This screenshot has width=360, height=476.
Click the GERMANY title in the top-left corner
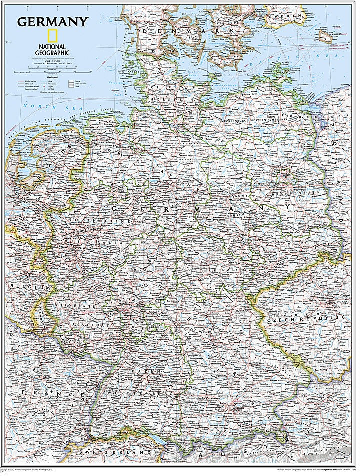pos(53,22)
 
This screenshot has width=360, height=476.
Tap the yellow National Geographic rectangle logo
pos(51,36)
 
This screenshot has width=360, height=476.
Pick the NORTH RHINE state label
pos(99,220)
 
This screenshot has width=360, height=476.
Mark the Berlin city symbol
pos(286,176)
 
